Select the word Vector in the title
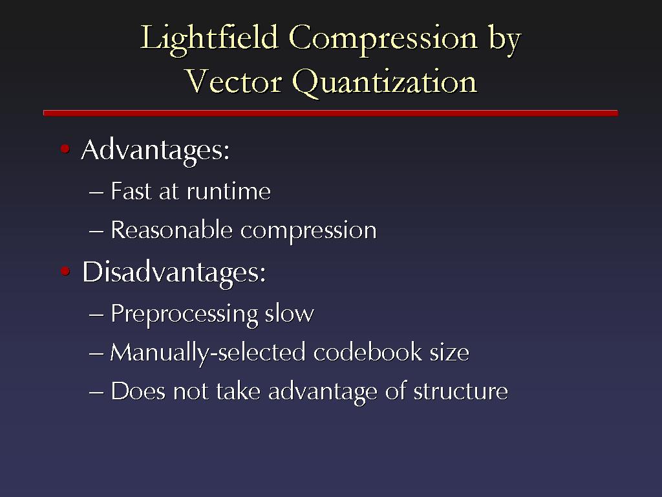coord(233,81)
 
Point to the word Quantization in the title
coord(385,83)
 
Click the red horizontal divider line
coord(330,113)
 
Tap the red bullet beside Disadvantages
coord(65,271)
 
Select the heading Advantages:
coord(155,150)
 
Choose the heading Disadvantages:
coord(174,272)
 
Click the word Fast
coord(131,191)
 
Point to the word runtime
coord(229,192)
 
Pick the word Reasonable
coord(171,230)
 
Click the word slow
coord(289,313)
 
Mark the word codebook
coord(368,352)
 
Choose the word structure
coord(460,392)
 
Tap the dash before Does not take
coord(96,392)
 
